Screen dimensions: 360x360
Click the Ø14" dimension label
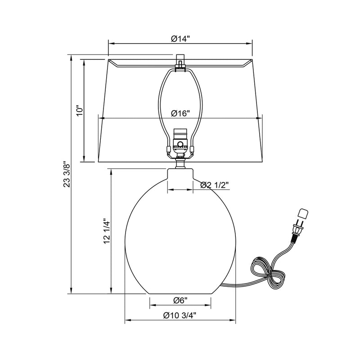click(180, 39)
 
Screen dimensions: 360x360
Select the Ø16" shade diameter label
click(180, 113)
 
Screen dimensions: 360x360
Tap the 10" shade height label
click(80, 111)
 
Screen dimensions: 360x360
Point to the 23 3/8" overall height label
click(67, 174)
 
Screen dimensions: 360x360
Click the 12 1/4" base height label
click(108, 231)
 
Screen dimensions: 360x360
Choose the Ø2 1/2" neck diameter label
click(215, 185)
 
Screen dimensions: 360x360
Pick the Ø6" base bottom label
click(180, 300)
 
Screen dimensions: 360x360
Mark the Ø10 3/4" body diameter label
click(180, 315)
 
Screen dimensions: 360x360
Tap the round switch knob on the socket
click(180, 144)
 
